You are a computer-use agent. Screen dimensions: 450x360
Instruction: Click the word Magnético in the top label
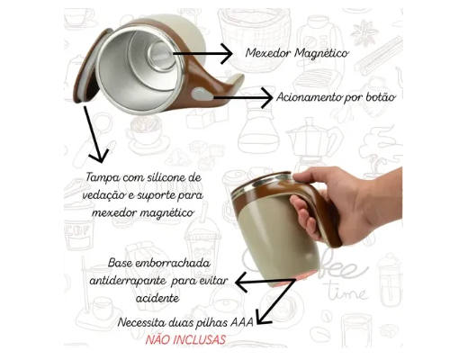321,53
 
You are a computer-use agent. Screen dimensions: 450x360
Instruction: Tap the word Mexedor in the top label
268,53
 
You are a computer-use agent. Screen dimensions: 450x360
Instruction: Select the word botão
381,97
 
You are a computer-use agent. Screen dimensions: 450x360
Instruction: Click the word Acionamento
309,97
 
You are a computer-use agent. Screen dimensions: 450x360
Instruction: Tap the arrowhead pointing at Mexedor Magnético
227,54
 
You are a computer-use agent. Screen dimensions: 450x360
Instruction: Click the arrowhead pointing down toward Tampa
100,156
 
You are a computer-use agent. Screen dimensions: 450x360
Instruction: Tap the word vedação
103,195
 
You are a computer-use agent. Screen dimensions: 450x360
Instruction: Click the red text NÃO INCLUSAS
185,340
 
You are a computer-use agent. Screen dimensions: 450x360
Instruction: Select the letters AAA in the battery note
242,322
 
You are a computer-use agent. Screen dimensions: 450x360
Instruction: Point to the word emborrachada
173,263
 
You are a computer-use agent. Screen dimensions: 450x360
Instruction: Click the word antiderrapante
128,281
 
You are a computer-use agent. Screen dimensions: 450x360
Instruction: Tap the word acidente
157,298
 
